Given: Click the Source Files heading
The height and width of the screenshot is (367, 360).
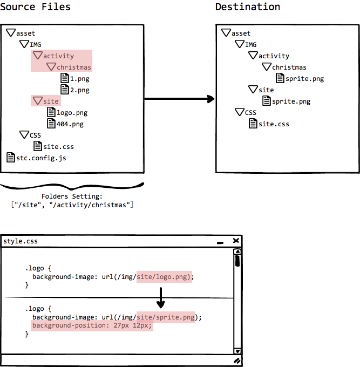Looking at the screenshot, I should coord(35,7).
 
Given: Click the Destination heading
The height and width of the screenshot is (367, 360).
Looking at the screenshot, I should coord(248,7).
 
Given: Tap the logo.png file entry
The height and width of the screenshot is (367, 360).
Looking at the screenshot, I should coord(67,113).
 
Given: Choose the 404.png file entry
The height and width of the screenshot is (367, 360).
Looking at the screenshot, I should coord(65,124).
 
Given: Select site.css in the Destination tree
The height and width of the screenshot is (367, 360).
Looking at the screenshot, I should coord(269,124).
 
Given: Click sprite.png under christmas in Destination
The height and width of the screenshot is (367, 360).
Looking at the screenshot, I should coord(300,78).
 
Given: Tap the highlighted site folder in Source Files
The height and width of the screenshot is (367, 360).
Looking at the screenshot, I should coord(46,101).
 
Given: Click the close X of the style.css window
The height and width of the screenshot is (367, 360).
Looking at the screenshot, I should coord(236,241).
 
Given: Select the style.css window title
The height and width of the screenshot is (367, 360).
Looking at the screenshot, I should coord(21,241).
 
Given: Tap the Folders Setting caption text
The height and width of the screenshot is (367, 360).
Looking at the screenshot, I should coord(72,196).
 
